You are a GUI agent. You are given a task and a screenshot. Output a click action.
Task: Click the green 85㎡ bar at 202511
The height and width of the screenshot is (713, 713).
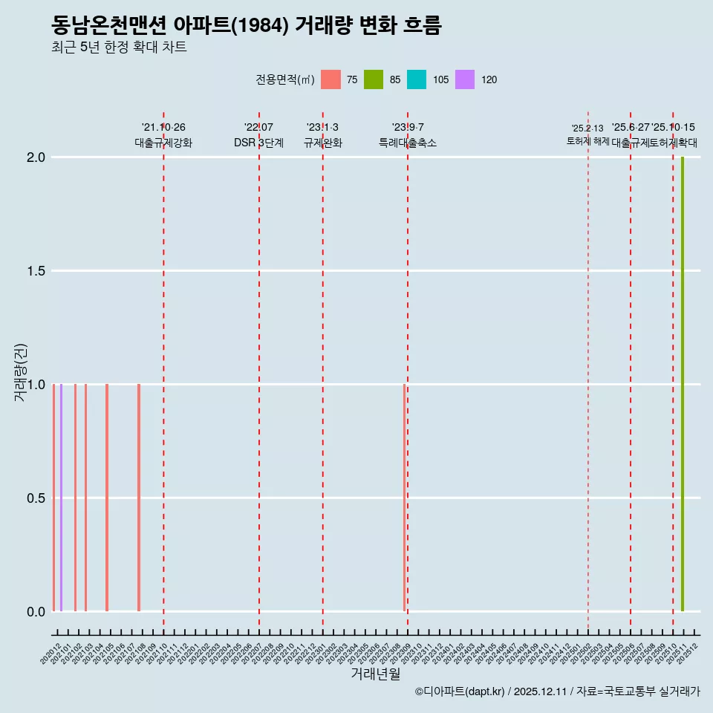[x=683, y=384]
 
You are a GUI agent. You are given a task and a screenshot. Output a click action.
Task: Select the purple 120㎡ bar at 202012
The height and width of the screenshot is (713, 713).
[x=61, y=498]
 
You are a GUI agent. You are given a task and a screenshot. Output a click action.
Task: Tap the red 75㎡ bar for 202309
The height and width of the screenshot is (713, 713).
[x=405, y=498]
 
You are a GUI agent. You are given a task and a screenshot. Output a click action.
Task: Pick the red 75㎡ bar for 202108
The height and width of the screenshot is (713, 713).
[x=139, y=498]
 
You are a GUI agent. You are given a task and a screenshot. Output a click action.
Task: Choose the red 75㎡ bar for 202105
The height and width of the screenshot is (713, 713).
[x=107, y=498]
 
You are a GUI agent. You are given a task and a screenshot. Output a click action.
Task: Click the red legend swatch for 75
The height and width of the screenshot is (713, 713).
[x=331, y=79]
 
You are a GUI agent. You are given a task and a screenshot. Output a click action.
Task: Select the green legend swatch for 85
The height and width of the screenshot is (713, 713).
[x=374, y=79]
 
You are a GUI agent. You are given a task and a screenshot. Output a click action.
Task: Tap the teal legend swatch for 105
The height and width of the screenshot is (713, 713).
[x=417, y=79]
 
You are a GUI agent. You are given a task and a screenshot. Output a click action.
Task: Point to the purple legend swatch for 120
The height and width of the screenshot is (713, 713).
[x=464, y=79]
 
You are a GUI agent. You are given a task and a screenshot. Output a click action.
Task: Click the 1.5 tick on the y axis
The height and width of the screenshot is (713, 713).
[x=35, y=271]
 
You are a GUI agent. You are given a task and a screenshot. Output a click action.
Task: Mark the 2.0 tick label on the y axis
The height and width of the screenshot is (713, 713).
[x=35, y=157]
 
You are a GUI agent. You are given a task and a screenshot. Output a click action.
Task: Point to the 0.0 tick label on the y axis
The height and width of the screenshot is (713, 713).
[x=35, y=612]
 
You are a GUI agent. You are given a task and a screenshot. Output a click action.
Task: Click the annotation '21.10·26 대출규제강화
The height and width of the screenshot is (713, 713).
[x=163, y=135]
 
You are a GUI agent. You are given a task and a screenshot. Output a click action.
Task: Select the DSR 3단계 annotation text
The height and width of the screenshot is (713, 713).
[x=258, y=143]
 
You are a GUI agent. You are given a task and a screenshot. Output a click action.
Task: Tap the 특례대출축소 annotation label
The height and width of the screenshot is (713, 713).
[x=408, y=143]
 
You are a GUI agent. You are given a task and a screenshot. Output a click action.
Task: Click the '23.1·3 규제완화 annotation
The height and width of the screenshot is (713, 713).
[x=322, y=135]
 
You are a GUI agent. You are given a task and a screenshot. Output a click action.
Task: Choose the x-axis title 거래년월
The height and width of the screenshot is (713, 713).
[x=375, y=674]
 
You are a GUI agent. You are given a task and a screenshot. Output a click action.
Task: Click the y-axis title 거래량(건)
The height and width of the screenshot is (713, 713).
[x=20, y=371]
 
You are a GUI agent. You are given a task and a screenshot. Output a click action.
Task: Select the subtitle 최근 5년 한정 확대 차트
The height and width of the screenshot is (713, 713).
[x=119, y=48]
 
